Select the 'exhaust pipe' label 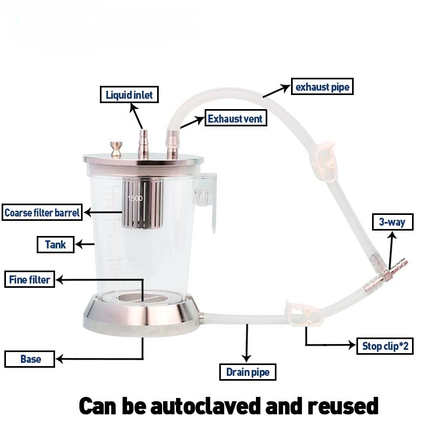coord(322,86)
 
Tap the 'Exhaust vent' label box coord(235,118)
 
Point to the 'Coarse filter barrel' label coord(42,212)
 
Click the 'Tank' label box coord(55,245)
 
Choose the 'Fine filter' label coord(30,280)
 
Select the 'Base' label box coord(30,359)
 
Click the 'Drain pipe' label coord(248,372)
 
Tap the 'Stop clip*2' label coord(385,346)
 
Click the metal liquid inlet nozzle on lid coord(144,143)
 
